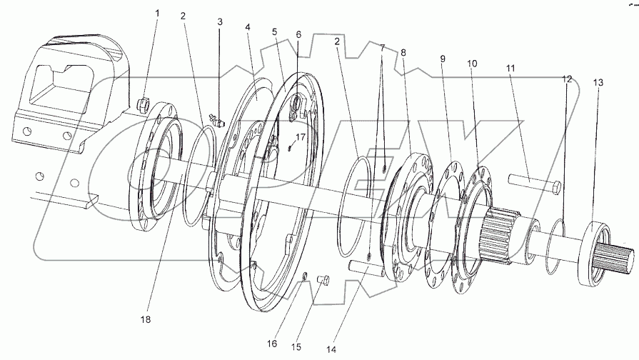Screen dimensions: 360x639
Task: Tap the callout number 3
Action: (x=220, y=23)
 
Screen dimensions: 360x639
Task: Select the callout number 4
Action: (x=248, y=28)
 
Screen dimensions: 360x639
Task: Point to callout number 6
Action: (x=298, y=34)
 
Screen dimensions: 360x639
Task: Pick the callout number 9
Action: (x=443, y=57)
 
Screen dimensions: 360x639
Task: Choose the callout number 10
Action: (x=472, y=64)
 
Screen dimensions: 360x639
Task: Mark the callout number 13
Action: (x=598, y=82)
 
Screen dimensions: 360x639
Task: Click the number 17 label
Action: (x=299, y=136)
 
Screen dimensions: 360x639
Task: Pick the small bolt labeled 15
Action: (x=322, y=279)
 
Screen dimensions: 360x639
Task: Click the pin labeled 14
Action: (x=367, y=269)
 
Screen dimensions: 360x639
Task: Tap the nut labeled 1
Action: (x=142, y=105)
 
